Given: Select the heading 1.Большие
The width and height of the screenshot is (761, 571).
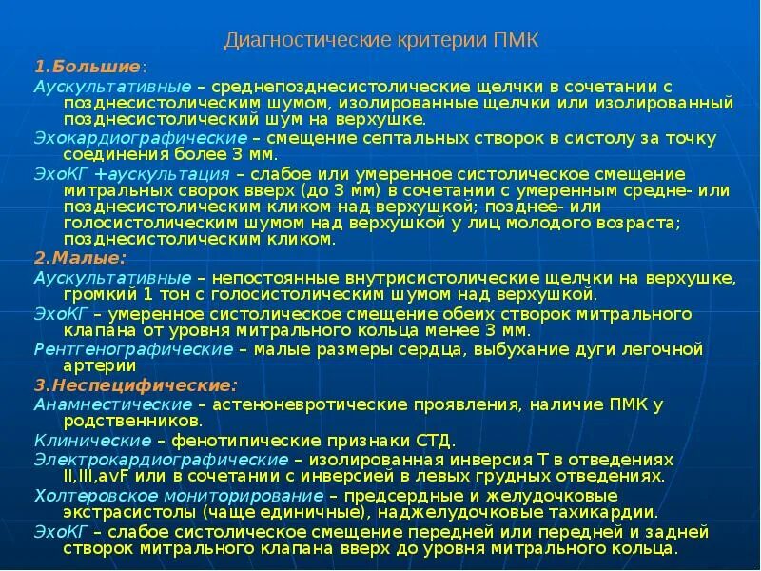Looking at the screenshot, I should [88, 68].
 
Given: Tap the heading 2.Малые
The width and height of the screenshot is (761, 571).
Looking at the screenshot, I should [80, 257].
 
